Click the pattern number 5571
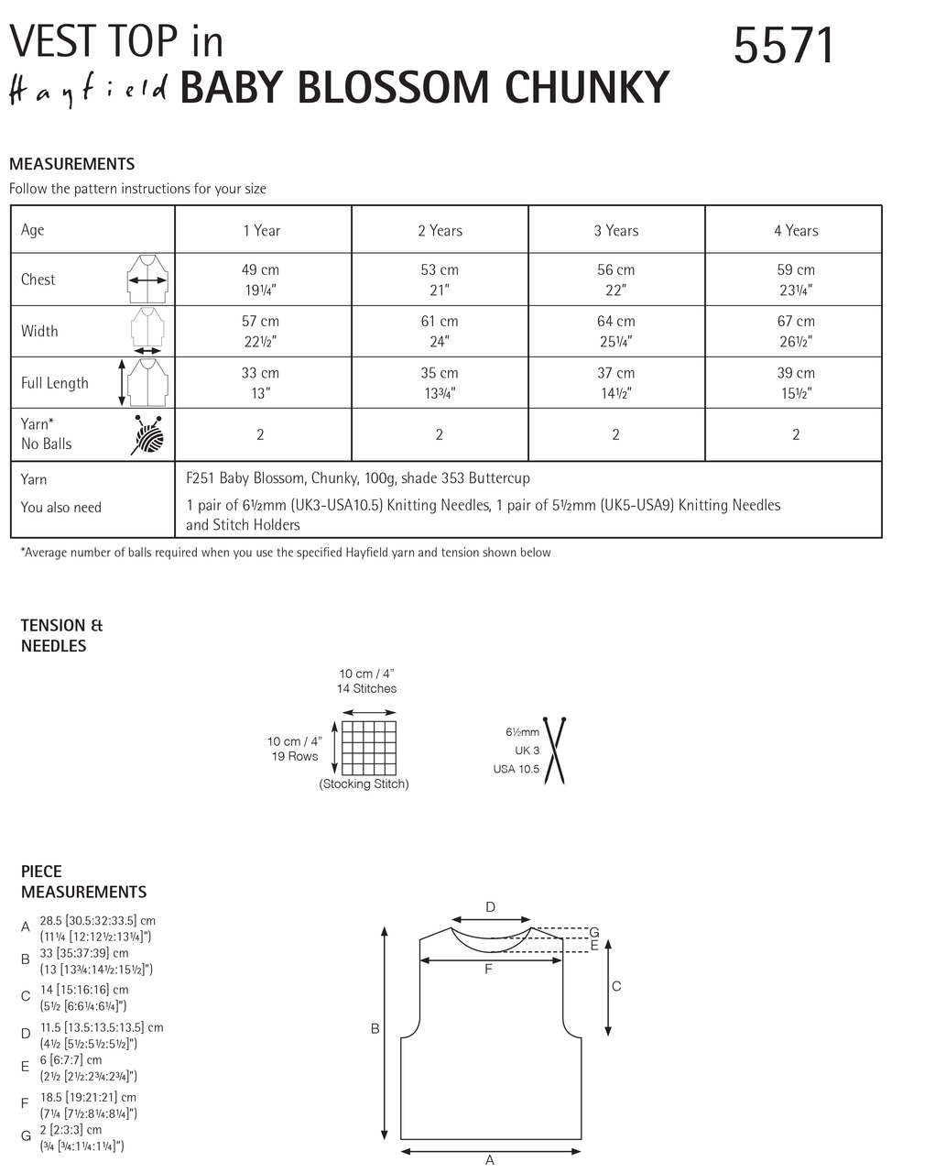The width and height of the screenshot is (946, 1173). [x=784, y=46]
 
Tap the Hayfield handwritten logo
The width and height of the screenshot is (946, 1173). [x=89, y=92]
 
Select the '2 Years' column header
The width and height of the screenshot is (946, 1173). [x=440, y=231]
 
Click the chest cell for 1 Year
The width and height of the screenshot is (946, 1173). [x=261, y=280]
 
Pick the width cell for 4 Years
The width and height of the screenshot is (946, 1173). [x=795, y=331]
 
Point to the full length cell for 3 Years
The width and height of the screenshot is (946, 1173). [x=615, y=383]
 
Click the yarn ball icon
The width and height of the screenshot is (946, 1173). [x=147, y=434]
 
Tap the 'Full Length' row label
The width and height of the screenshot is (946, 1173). [x=55, y=383]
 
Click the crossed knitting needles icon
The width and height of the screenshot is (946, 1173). [x=553, y=751]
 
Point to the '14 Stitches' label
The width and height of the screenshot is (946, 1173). [x=366, y=688]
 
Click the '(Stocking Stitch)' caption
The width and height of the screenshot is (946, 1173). [x=364, y=784]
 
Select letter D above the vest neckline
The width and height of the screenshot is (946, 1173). [x=490, y=907]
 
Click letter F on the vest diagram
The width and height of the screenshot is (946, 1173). [x=488, y=969]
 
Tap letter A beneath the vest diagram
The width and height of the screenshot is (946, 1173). [x=490, y=1160]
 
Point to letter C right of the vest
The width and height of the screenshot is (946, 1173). [x=616, y=986]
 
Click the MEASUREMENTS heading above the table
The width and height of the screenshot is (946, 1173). [x=71, y=164]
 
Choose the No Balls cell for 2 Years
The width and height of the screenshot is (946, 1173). [x=440, y=434]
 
